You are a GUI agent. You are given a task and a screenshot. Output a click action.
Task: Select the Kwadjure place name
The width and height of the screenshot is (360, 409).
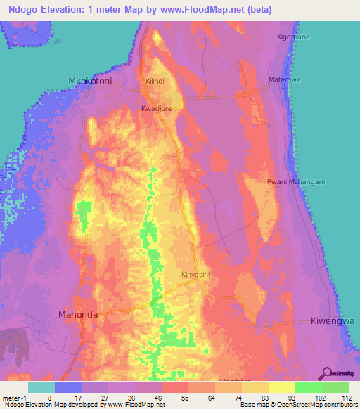(157, 110)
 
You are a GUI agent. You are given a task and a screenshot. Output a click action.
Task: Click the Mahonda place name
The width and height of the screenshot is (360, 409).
(78, 314)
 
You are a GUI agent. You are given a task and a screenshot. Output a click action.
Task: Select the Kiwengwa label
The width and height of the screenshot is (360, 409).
(330, 320)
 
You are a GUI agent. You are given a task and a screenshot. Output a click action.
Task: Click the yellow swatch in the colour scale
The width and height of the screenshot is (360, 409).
(281, 387)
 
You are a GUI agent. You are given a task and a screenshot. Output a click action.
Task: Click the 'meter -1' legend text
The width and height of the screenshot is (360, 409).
(14, 397)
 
